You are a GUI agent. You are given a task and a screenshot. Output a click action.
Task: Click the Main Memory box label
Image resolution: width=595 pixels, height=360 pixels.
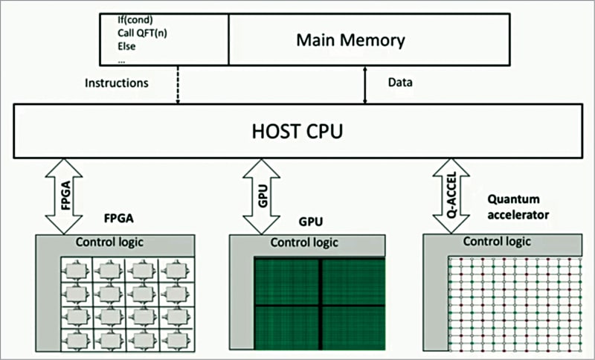(x=350, y=39)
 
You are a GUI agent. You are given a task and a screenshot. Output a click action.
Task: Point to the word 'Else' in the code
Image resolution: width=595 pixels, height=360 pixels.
(x=128, y=46)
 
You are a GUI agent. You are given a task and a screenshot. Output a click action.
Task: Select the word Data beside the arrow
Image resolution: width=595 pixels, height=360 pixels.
(x=400, y=83)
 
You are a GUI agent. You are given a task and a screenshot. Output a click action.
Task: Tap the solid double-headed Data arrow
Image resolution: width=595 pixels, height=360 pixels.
(x=364, y=84)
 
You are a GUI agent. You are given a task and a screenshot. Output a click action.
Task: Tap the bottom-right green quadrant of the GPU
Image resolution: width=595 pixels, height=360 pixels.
(x=352, y=327)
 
